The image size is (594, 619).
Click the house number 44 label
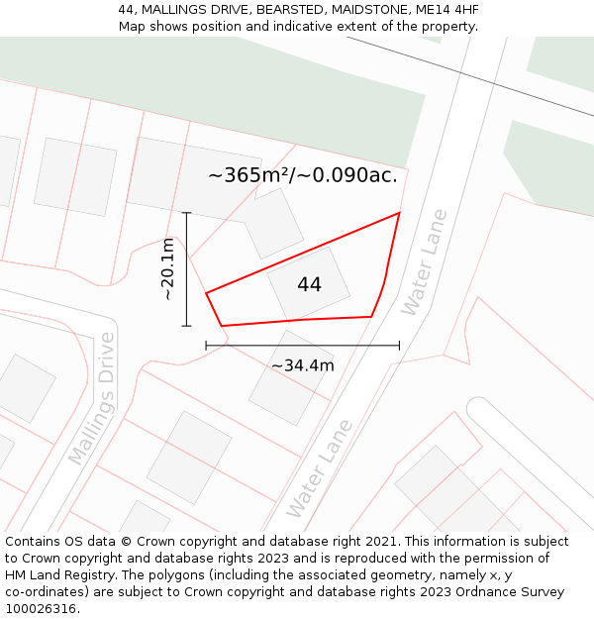click(309, 284)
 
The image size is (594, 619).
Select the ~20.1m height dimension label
click(168, 268)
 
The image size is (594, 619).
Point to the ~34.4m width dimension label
click(303, 365)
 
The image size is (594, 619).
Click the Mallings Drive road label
click(92, 399)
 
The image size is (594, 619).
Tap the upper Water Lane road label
click(425, 262)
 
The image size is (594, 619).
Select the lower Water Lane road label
click(319, 469)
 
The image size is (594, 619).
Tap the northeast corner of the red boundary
click(399, 213)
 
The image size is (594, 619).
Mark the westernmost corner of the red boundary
click(206, 293)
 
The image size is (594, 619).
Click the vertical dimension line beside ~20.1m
click(186, 268)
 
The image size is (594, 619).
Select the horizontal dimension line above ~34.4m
click(303, 346)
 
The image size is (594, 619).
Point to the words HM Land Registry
click(53, 575)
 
